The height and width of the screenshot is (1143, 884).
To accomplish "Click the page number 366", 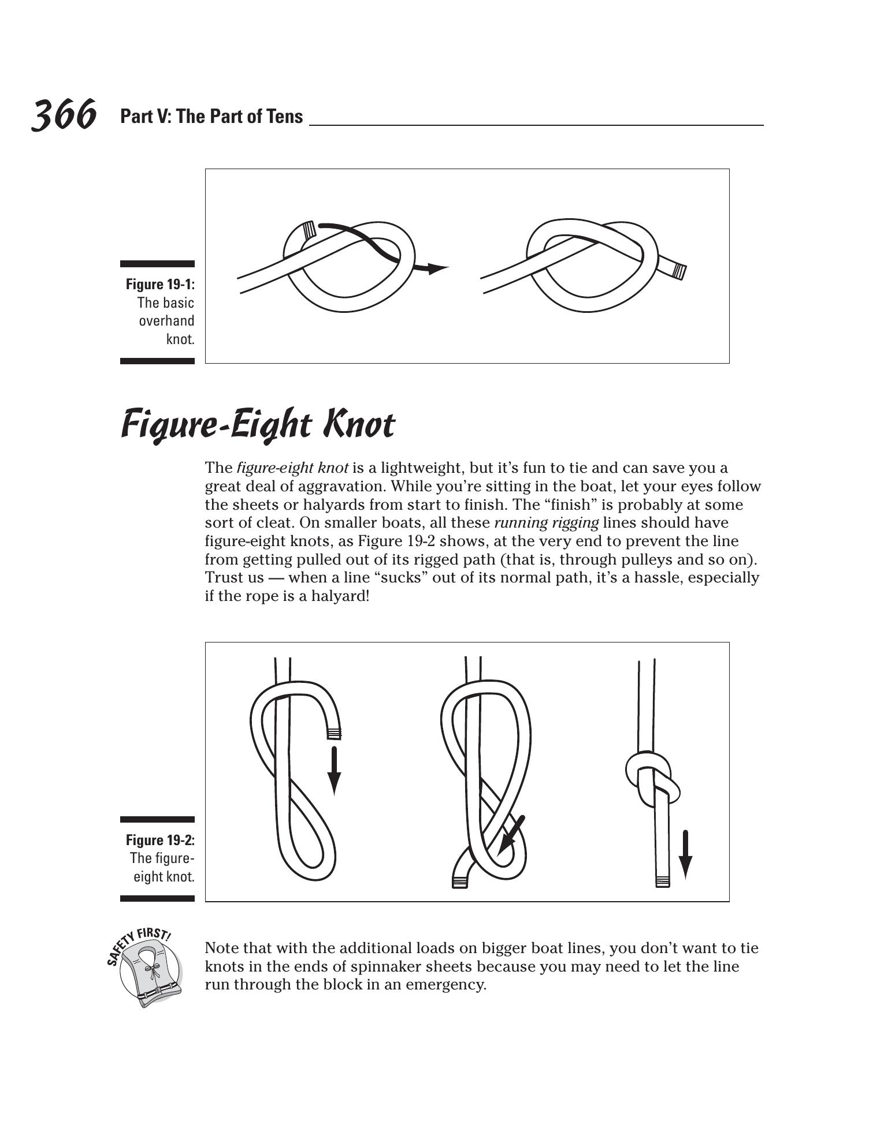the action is click(63, 114).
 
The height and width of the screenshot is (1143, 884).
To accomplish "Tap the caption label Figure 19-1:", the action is click(160, 284).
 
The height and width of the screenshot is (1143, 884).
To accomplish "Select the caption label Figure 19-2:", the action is click(160, 839).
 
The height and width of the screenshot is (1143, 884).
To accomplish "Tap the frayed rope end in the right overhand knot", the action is click(679, 271).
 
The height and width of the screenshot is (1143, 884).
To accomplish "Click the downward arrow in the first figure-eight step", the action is click(334, 771).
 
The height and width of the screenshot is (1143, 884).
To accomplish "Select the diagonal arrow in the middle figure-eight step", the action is click(511, 835).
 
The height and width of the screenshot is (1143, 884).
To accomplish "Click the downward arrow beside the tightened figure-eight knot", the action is click(685, 854).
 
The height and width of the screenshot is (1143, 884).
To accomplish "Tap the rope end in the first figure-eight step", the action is click(333, 734).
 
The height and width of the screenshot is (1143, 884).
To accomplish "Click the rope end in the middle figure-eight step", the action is click(459, 882).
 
